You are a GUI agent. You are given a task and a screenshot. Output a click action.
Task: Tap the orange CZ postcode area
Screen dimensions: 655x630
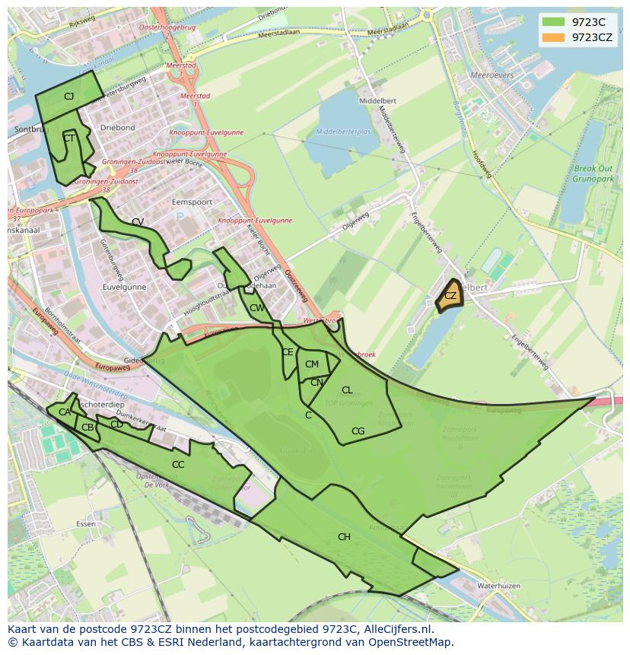click(450, 296)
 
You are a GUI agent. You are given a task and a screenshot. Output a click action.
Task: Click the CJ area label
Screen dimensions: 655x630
click(68, 96)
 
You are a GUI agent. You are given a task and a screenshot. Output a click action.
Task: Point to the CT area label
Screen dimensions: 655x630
click(68, 138)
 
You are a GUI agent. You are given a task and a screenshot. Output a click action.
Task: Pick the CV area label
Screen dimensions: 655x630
click(138, 222)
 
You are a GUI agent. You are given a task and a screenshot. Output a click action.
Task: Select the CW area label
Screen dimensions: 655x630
click(256, 308)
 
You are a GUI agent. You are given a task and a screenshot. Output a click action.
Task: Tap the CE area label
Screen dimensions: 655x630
click(288, 352)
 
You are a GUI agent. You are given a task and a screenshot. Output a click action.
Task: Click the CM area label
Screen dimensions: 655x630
click(312, 364)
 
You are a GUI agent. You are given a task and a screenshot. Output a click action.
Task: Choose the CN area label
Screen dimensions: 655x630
click(317, 383)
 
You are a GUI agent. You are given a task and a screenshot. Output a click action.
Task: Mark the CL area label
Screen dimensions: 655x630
click(347, 390)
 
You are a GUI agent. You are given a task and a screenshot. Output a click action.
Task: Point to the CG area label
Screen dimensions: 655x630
click(358, 431)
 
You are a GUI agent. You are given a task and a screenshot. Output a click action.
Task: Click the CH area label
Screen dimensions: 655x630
click(344, 537)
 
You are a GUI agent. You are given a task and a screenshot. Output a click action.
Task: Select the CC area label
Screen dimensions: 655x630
click(178, 465)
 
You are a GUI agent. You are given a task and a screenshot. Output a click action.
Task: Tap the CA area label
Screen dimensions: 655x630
click(65, 412)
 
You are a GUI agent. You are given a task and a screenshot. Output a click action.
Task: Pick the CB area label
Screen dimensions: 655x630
click(87, 428)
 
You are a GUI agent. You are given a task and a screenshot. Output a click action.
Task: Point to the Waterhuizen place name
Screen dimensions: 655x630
click(498, 587)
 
